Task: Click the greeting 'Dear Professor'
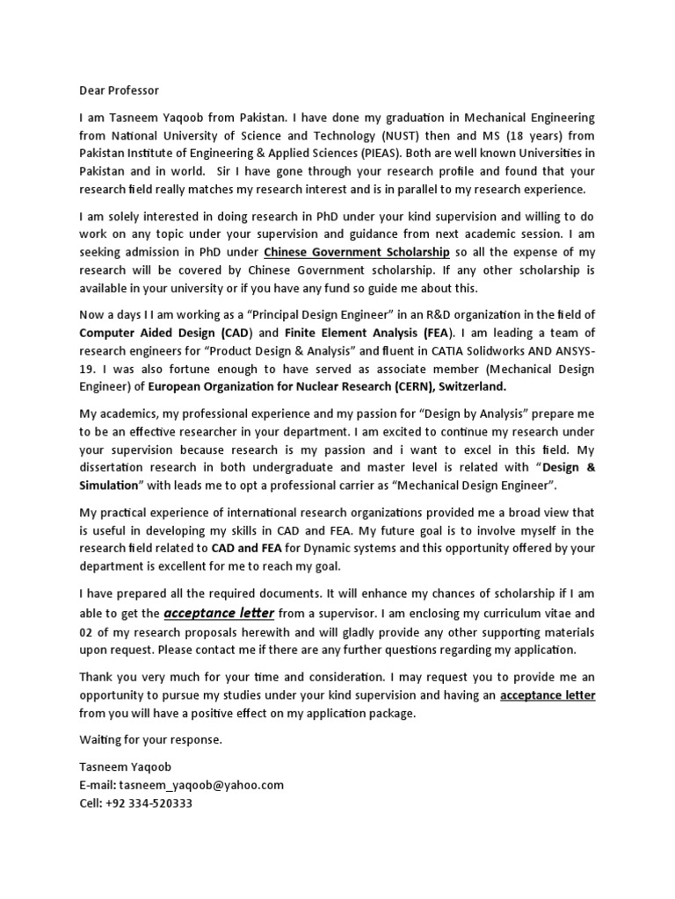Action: pos(120,90)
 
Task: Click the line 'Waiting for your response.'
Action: pos(150,740)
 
